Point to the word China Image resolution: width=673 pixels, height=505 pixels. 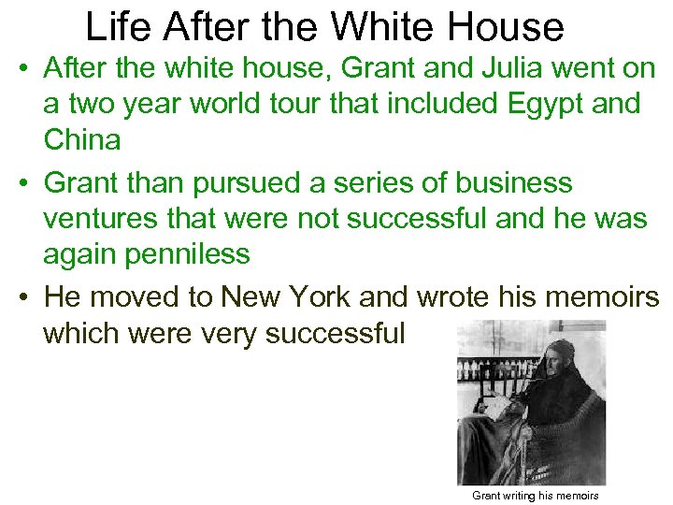tap(81, 141)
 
